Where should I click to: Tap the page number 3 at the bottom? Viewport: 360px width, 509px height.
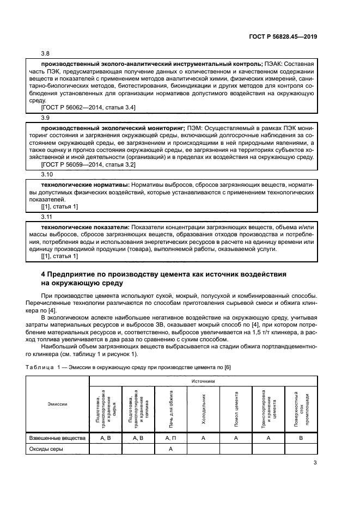click(x=315, y=463)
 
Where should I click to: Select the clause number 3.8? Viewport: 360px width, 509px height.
click(x=46, y=54)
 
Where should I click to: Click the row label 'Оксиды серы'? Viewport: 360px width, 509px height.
click(x=46, y=449)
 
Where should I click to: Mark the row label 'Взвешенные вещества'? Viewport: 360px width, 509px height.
click(x=57, y=437)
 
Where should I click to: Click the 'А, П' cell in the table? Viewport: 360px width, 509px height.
click(x=170, y=437)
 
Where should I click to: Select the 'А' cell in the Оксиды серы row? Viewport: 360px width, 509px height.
click(x=170, y=449)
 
